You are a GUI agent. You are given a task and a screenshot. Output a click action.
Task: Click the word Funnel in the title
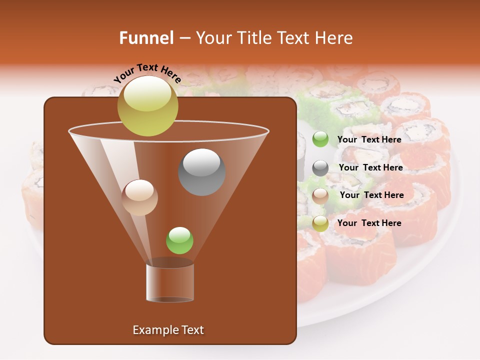[146, 38]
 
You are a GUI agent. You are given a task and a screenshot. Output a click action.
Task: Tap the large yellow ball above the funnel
[147, 105]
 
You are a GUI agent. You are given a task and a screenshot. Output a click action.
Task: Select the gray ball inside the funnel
[202, 172]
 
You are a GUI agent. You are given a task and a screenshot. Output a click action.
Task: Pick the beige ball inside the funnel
[139, 197]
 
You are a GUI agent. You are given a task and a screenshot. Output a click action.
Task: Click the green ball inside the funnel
[179, 240]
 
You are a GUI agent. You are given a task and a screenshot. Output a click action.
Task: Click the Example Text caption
[168, 330]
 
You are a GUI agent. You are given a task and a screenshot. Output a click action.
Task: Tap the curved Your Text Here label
[147, 73]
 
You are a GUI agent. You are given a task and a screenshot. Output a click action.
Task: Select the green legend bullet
[320, 139]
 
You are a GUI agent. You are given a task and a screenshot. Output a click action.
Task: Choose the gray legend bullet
[320, 168]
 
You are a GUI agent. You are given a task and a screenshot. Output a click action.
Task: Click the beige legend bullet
[320, 196]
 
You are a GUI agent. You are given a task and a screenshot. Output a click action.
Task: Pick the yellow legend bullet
[320, 223]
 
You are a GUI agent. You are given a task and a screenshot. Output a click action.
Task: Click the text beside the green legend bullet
[369, 140]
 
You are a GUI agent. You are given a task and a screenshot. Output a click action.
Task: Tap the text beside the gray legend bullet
[370, 168]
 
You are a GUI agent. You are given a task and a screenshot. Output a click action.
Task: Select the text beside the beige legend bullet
[371, 195]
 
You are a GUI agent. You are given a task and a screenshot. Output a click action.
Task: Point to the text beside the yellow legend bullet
[369, 223]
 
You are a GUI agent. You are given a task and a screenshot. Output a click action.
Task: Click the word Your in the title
[212, 38]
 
